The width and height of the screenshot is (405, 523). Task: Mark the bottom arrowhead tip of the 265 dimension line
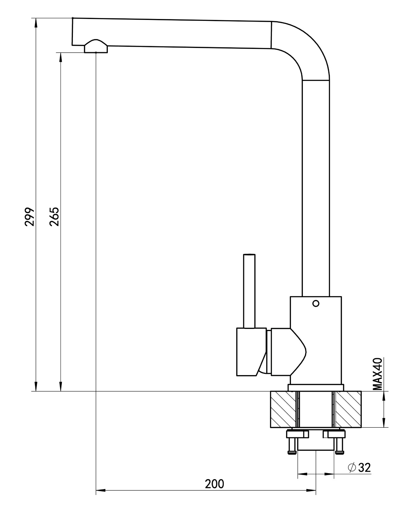[x=61, y=391]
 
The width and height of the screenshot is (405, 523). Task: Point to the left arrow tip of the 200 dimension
[x=96, y=491]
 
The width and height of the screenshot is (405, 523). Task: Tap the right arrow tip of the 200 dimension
[x=316, y=491]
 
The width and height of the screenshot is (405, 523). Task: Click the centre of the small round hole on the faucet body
[x=316, y=303]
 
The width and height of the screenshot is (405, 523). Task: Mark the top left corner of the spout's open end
[x=73, y=18]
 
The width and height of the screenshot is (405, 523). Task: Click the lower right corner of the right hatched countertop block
[x=361, y=427]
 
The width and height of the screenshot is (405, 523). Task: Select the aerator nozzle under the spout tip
[x=96, y=46]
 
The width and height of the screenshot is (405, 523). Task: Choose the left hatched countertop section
[x=283, y=409]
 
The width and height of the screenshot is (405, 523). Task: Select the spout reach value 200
[x=214, y=484]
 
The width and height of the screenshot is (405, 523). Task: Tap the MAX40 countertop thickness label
[x=378, y=374]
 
